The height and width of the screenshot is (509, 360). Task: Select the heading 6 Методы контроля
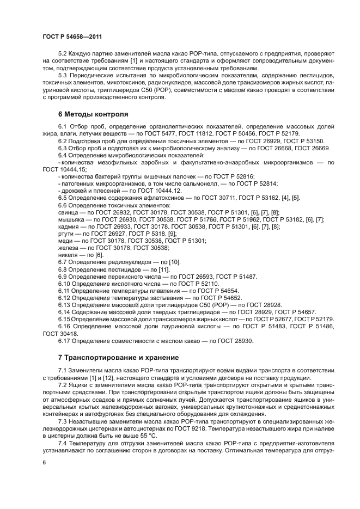(x=93, y=114)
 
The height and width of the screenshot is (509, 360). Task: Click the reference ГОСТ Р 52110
(x=195, y=284)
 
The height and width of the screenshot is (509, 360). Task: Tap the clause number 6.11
(x=64, y=291)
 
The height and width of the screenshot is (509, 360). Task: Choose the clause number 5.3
(x=62, y=75)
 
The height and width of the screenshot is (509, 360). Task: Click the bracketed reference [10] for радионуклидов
(x=174, y=262)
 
